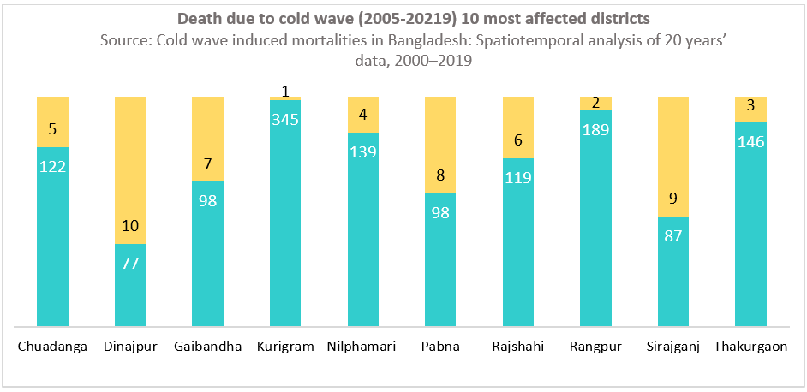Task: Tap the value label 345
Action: point(285,120)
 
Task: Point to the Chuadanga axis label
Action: point(53,347)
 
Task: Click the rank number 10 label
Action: point(130,227)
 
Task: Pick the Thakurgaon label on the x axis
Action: point(750,347)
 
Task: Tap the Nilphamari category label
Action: point(362,347)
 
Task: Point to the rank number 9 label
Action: point(673,199)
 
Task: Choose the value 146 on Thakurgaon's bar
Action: point(750,142)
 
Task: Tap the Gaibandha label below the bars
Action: point(207,347)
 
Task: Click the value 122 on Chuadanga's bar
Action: point(53,166)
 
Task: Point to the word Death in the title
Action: point(198,18)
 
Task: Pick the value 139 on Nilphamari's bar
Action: point(362,151)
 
